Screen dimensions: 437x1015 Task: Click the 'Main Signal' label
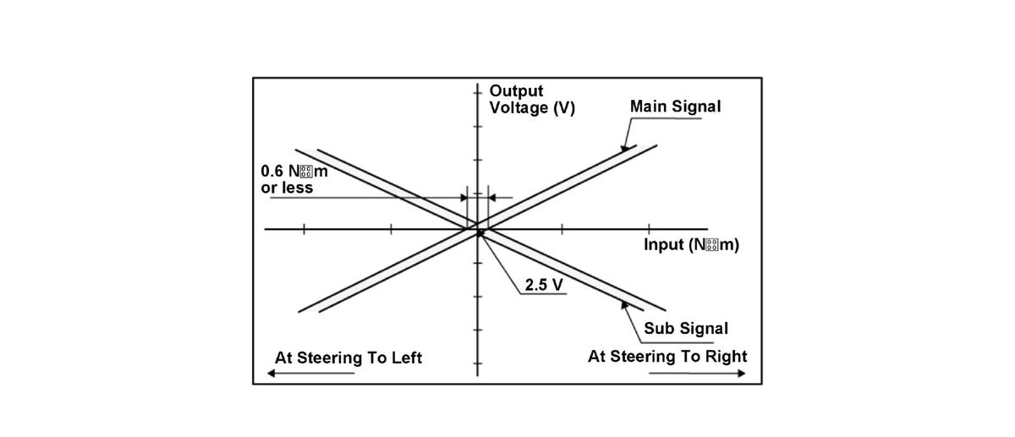point(675,107)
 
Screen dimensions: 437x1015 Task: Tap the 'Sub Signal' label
point(685,328)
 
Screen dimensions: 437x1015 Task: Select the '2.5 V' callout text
point(543,285)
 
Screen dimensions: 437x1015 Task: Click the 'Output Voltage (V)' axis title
point(531,100)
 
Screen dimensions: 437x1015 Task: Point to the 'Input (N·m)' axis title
point(691,245)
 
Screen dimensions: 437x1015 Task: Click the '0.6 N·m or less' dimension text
point(294,179)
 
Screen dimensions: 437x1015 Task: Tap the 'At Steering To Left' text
point(348,358)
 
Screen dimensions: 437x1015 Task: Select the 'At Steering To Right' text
point(667,357)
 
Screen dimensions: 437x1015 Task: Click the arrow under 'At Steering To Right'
point(710,373)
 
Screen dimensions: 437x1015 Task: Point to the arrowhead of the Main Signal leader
point(624,150)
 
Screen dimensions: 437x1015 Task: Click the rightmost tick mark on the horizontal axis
point(649,228)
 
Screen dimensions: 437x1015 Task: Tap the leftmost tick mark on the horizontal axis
point(304,228)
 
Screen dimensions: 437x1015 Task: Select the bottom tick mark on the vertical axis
point(478,365)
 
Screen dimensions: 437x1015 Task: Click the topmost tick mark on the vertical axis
point(478,92)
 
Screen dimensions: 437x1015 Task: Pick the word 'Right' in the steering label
point(727,357)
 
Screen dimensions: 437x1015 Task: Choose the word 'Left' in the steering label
point(404,358)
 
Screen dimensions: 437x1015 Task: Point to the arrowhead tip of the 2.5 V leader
point(480,231)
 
